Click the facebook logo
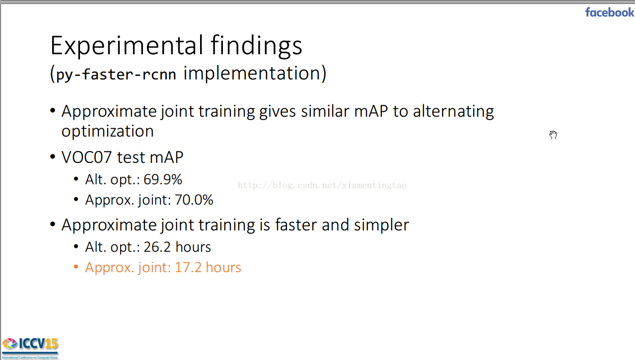click(x=610, y=12)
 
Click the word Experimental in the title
click(x=127, y=45)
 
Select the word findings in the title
click(x=257, y=46)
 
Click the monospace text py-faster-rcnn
click(x=116, y=74)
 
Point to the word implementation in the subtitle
click(x=252, y=73)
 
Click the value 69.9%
click(x=163, y=179)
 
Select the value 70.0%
click(x=194, y=200)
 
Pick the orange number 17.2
click(x=188, y=267)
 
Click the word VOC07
click(x=87, y=157)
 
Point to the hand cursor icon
click(x=553, y=135)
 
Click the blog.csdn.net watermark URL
click(x=322, y=185)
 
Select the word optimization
click(x=108, y=132)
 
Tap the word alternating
click(x=453, y=111)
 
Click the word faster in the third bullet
click(x=296, y=225)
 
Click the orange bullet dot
click(x=75, y=267)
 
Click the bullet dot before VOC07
click(x=53, y=156)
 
